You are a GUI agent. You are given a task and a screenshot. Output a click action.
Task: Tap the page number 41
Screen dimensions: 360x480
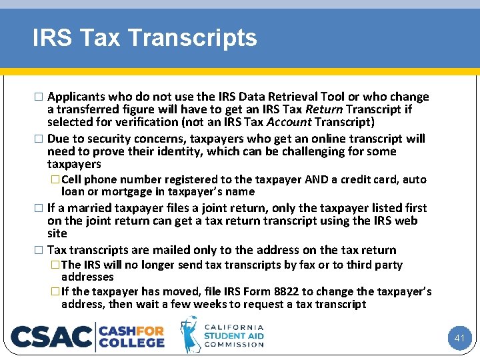tap(459, 338)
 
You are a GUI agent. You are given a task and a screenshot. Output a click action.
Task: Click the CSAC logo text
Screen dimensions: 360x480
tap(52, 337)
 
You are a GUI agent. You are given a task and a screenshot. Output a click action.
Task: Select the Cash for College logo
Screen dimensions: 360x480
tap(132, 336)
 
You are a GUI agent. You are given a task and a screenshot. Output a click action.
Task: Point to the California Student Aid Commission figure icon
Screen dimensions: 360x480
tap(190, 335)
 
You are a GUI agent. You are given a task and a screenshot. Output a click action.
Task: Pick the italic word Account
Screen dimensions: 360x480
tap(289, 122)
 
